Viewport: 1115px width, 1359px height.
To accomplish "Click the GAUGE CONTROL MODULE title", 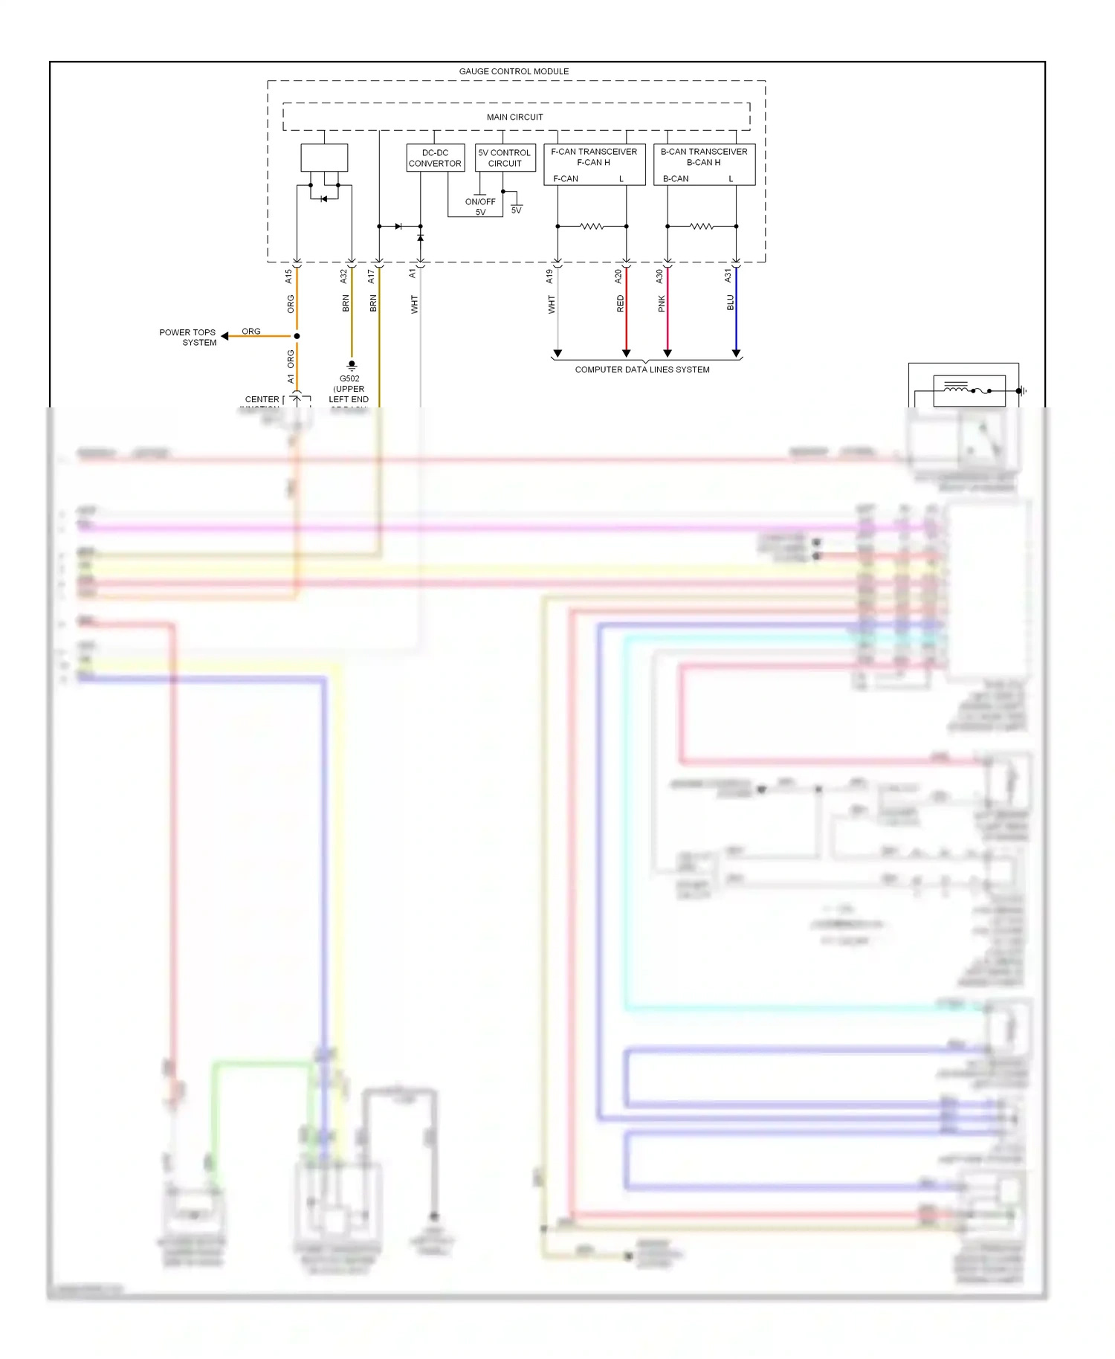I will [514, 71].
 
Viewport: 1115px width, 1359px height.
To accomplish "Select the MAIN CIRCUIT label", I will [514, 117].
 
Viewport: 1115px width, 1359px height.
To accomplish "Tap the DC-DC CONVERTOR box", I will [435, 158].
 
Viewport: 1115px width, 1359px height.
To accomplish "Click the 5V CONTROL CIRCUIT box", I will [505, 158].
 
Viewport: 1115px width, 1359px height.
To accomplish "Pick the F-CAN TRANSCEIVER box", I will [594, 164].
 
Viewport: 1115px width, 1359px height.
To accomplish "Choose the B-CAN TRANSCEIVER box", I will [704, 164].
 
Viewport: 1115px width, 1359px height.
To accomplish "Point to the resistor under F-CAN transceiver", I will [592, 226].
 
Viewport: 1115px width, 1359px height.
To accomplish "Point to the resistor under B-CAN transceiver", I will [702, 226].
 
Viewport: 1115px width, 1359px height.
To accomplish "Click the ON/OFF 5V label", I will [480, 207].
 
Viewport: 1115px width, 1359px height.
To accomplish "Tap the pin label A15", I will [288, 276].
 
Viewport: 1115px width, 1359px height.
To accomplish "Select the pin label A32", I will [343, 276].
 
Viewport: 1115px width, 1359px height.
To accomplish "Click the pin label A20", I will [618, 276].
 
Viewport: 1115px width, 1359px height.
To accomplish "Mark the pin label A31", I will [728, 276].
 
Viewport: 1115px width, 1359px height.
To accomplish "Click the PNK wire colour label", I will [662, 303].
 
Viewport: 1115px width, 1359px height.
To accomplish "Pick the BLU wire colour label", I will [730, 303].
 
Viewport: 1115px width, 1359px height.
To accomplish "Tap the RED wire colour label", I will [621, 303].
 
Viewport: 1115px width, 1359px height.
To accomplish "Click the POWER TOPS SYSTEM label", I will [188, 338].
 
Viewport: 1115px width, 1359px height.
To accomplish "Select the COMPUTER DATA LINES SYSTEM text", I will [642, 369].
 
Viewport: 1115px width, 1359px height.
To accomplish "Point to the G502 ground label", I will [349, 378].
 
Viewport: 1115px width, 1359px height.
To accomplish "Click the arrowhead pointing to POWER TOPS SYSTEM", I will [224, 336].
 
